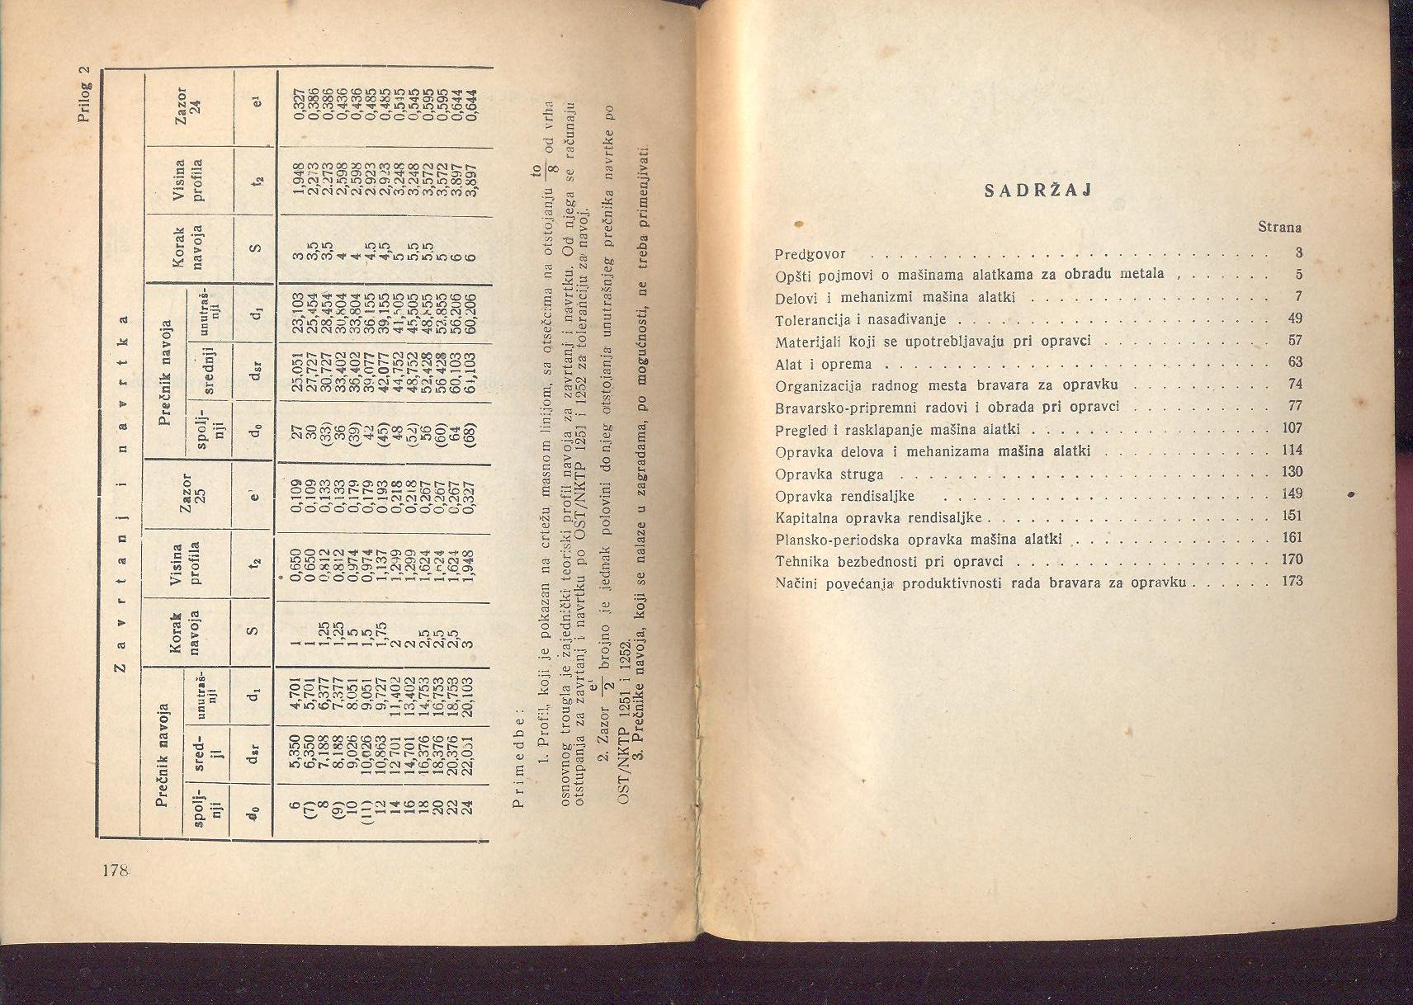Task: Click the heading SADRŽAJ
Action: (1039, 190)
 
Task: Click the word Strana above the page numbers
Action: (1279, 226)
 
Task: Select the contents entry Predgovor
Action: (810, 254)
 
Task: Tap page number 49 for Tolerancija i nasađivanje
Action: (1294, 318)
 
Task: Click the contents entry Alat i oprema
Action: (823, 364)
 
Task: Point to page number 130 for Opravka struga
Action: (1292, 472)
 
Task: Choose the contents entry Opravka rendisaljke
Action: (844, 497)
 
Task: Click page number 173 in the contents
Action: (1292, 581)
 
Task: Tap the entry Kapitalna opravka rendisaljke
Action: (878, 518)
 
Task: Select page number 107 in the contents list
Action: (1292, 428)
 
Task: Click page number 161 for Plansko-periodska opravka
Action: (1292, 538)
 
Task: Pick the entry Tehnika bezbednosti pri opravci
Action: (889, 561)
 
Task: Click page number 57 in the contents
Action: (1294, 341)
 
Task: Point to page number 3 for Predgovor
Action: (1298, 252)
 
